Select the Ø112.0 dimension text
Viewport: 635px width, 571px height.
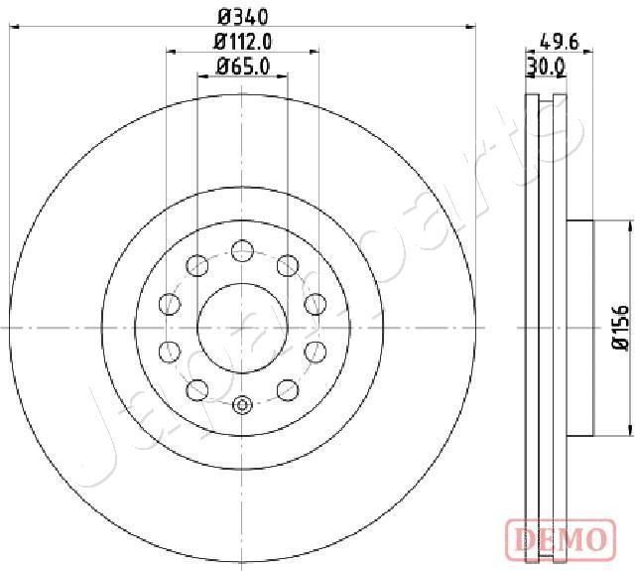(x=243, y=41)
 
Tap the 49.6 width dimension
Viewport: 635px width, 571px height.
(x=560, y=41)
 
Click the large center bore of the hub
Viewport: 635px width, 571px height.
(x=242, y=327)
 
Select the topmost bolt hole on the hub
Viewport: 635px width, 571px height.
(x=242, y=249)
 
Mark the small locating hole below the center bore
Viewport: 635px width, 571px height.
(x=242, y=405)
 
